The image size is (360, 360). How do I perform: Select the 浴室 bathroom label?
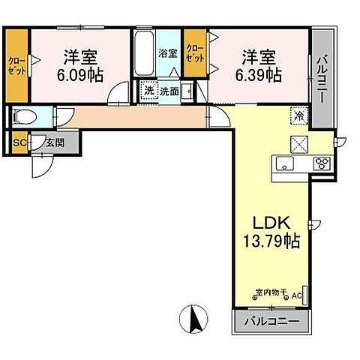(167, 54)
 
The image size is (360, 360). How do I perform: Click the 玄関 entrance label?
(53, 142)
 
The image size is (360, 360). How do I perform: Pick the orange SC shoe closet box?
(18, 142)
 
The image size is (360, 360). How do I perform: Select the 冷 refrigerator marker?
(298, 116)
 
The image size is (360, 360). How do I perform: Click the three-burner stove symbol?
(322, 163)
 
